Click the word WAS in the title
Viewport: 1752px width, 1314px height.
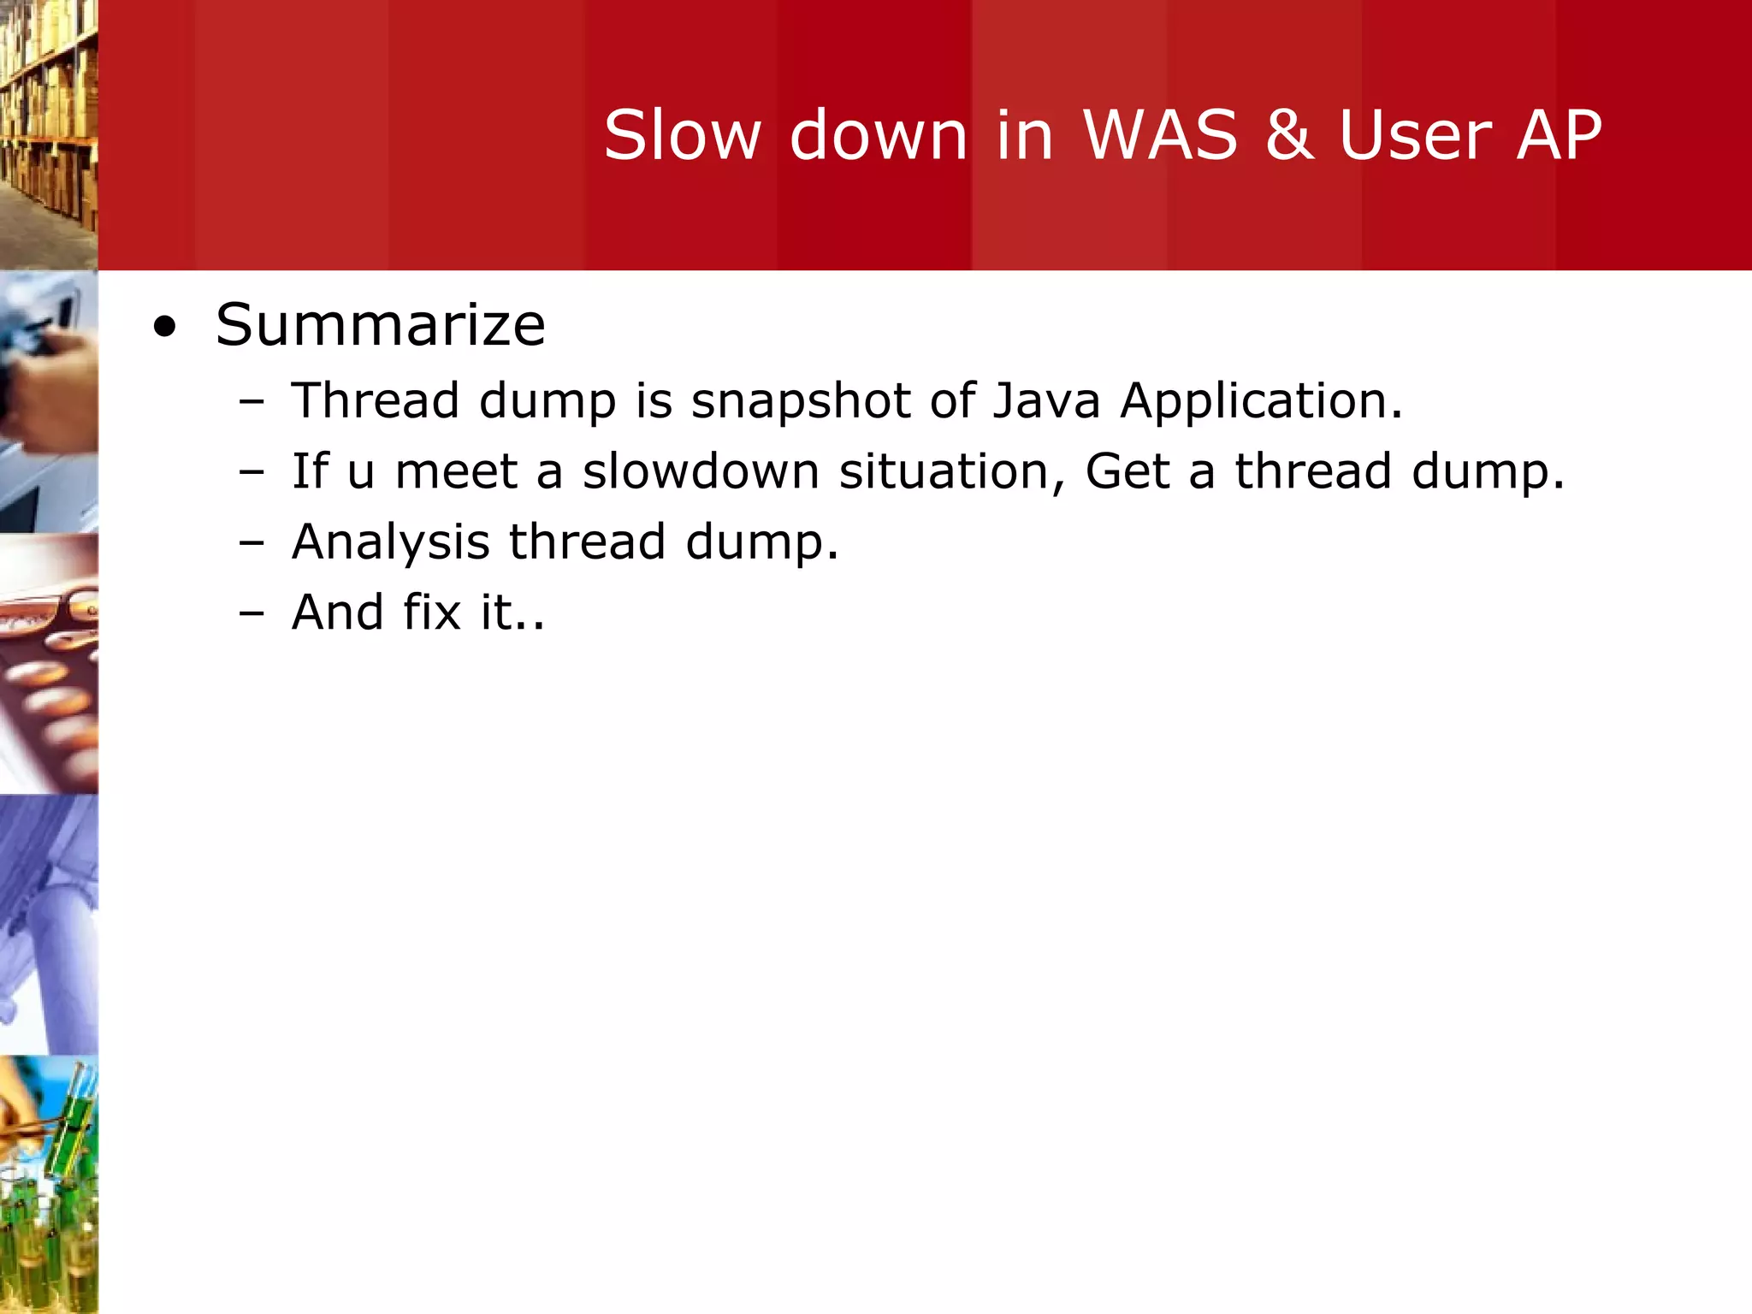(x=1160, y=135)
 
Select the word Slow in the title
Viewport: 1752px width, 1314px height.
(x=682, y=135)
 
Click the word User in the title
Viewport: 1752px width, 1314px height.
(x=1415, y=135)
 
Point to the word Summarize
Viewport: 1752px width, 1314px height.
(x=380, y=325)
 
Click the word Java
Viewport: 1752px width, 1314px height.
(x=1046, y=400)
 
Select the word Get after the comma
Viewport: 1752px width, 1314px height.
(x=1127, y=471)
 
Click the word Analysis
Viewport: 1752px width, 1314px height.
(x=390, y=542)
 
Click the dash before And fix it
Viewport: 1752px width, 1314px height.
(x=252, y=613)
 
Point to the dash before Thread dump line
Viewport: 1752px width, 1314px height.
(x=252, y=401)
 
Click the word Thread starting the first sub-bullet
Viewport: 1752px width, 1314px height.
(x=375, y=400)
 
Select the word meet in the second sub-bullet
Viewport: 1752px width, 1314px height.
(x=456, y=471)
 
